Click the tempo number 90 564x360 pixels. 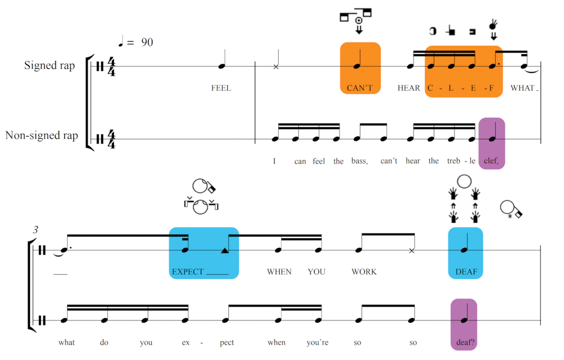[147, 42]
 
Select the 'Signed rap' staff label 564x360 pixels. [49, 65]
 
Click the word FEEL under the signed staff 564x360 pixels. [221, 88]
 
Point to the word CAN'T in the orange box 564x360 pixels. [360, 88]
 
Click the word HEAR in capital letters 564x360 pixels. [409, 88]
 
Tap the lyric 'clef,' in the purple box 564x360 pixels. [491, 161]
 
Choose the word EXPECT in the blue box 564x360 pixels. [188, 271]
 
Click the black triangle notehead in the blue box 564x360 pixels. [224, 249]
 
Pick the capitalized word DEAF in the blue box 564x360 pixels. [466, 271]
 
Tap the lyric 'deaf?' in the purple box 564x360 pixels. [464, 342]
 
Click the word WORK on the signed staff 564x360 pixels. [364, 271]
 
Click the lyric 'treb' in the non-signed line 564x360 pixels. [454, 161]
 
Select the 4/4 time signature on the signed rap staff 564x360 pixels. [111, 66]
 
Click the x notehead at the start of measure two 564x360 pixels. [276, 67]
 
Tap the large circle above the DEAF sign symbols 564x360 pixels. [464, 181]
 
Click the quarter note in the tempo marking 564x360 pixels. [120, 42]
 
